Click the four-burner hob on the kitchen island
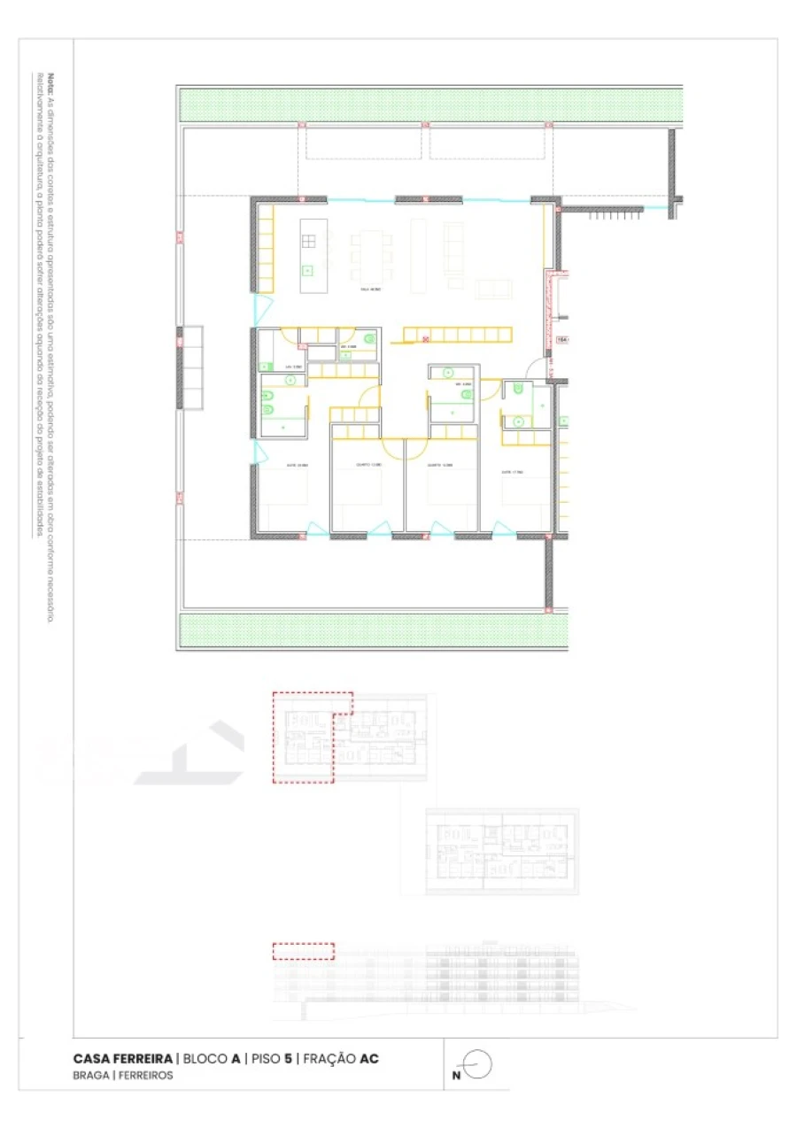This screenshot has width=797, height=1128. (x=308, y=241)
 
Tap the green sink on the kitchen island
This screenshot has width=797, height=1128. (x=308, y=270)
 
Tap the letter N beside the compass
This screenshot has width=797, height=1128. (x=456, y=1075)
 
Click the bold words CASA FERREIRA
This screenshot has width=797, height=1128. (x=122, y=1059)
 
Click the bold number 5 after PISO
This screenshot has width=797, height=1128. (x=289, y=1059)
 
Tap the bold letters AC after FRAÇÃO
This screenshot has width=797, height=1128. (x=369, y=1059)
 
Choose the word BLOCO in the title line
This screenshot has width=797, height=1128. (x=205, y=1059)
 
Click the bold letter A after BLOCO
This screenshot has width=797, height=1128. (x=236, y=1059)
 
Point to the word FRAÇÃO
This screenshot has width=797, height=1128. (x=329, y=1059)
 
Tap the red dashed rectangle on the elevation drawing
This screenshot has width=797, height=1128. (x=303, y=951)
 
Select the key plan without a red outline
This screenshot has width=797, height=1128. (x=502, y=850)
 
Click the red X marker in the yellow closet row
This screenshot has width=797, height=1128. (x=426, y=337)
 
